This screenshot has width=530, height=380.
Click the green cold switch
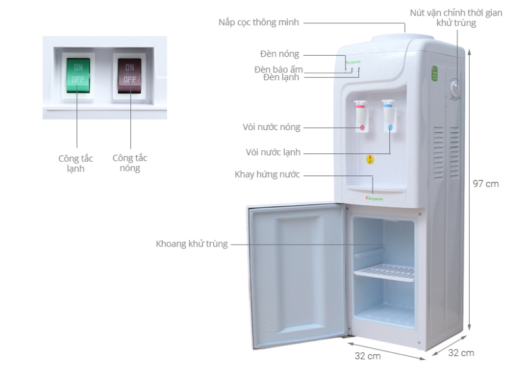click(78, 74)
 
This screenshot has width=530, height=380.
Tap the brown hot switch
click(130, 74)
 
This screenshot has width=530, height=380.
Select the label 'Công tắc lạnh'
click(76, 163)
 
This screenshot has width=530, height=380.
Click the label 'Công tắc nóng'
click(130, 163)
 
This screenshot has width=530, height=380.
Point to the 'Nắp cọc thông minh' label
click(259, 23)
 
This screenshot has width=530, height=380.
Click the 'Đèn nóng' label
click(279, 54)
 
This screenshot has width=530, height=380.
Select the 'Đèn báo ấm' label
click(278, 69)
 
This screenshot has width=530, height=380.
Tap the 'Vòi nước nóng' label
click(271, 128)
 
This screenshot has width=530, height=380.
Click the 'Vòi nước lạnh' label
click(273, 153)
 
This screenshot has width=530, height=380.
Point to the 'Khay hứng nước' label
click(268, 175)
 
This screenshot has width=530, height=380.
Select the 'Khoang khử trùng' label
click(191, 244)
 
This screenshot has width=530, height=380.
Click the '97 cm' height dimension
click(485, 184)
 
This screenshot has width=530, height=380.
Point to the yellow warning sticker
click(370, 159)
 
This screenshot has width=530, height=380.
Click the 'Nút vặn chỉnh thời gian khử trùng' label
click(456, 17)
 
